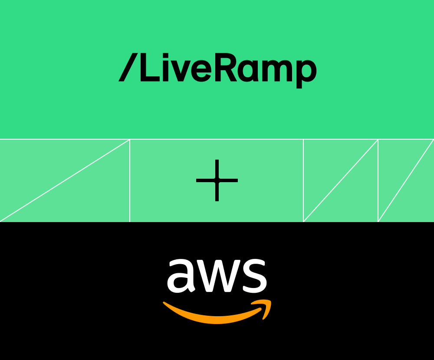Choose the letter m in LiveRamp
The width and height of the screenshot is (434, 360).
coord(277,72)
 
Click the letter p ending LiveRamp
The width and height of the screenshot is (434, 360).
coord(307,74)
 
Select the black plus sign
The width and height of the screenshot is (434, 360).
coord(217,180)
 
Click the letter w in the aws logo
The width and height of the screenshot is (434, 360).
coord(217,277)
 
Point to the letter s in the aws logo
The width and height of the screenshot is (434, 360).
coord(254,276)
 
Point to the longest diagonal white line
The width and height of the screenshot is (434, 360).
coord(65,180)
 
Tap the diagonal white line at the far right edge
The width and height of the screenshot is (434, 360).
coord(406,180)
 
